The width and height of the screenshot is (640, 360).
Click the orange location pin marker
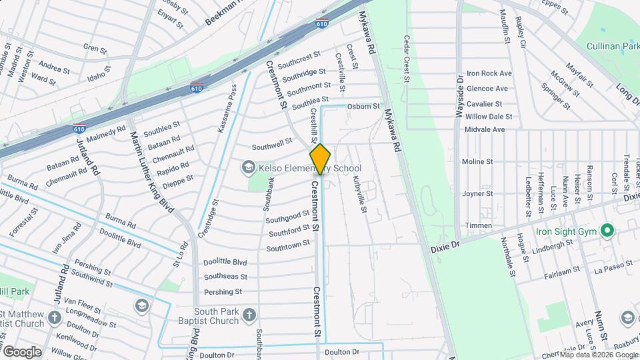(x=320, y=159)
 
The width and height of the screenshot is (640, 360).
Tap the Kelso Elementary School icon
(x=249, y=167)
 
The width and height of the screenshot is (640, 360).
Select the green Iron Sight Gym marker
(x=607, y=231)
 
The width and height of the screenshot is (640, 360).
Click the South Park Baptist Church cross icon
(x=249, y=315)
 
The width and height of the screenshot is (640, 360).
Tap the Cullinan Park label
(x=611, y=46)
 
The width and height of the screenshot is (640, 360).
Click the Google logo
(x=22, y=351)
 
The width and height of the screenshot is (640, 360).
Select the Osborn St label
(x=363, y=106)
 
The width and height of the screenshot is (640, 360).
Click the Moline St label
(x=477, y=161)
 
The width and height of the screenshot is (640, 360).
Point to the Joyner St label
(x=477, y=194)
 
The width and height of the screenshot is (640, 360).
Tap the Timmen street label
(x=478, y=225)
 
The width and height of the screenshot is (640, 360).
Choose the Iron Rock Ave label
(x=489, y=73)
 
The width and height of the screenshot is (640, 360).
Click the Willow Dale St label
(x=489, y=116)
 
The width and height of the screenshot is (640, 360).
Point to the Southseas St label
(x=225, y=277)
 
